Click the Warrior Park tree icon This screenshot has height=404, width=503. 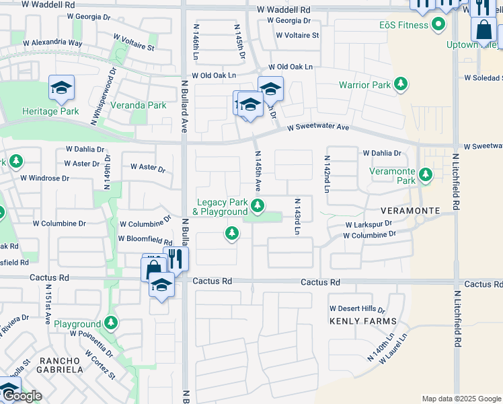coord(401,85)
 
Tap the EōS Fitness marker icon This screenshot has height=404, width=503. coord(439,26)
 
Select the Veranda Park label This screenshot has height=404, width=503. coord(140,105)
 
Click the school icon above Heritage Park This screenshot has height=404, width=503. coord(61,88)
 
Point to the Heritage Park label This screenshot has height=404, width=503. coord(50,111)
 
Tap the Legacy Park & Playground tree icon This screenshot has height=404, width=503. coord(257,205)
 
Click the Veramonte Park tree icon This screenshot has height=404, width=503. coord(425,175)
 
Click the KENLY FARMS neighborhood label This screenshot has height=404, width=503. coord(363,321)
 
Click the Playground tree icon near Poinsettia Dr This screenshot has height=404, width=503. coord(111,323)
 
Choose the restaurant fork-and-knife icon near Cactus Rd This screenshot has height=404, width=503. coord(176,258)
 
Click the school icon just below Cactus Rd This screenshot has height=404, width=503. coord(161,285)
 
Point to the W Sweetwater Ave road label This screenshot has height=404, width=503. coord(318,127)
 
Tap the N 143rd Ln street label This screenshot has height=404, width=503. coord(296,216)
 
